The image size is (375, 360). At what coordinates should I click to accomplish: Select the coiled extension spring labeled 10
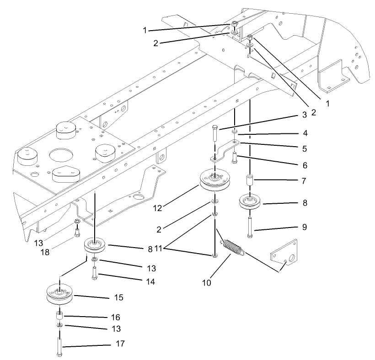click(234, 249)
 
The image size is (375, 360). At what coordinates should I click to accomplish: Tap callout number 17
click(120, 343)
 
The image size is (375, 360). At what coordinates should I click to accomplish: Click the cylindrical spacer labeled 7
click(250, 180)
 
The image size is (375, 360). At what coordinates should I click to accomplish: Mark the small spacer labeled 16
click(59, 316)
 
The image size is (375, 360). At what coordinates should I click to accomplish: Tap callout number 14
click(149, 282)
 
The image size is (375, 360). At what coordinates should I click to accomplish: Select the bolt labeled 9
click(250, 228)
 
